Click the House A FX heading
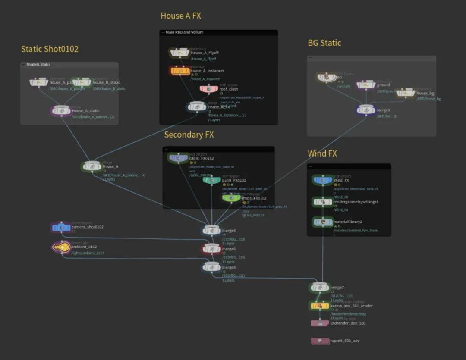coord(180,16)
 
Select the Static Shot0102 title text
coord(50,49)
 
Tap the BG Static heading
coord(324,43)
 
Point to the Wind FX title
coord(322,153)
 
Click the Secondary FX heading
coord(189,135)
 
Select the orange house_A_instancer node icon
coord(179,71)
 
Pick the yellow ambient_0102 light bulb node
coord(61,247)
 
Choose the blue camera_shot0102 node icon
coord(61,227)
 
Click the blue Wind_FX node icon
coord(323,180)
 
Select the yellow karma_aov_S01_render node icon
coord(320,306)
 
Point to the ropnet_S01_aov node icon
coord(320,341)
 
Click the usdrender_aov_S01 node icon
coord(320,323)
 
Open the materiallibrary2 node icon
coord(323,222)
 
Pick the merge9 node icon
coord(365,110)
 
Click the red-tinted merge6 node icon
coord(211,249)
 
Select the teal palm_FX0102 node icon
coord(211,180)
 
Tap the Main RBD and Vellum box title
coord(184,32)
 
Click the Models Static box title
coord(38,65)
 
